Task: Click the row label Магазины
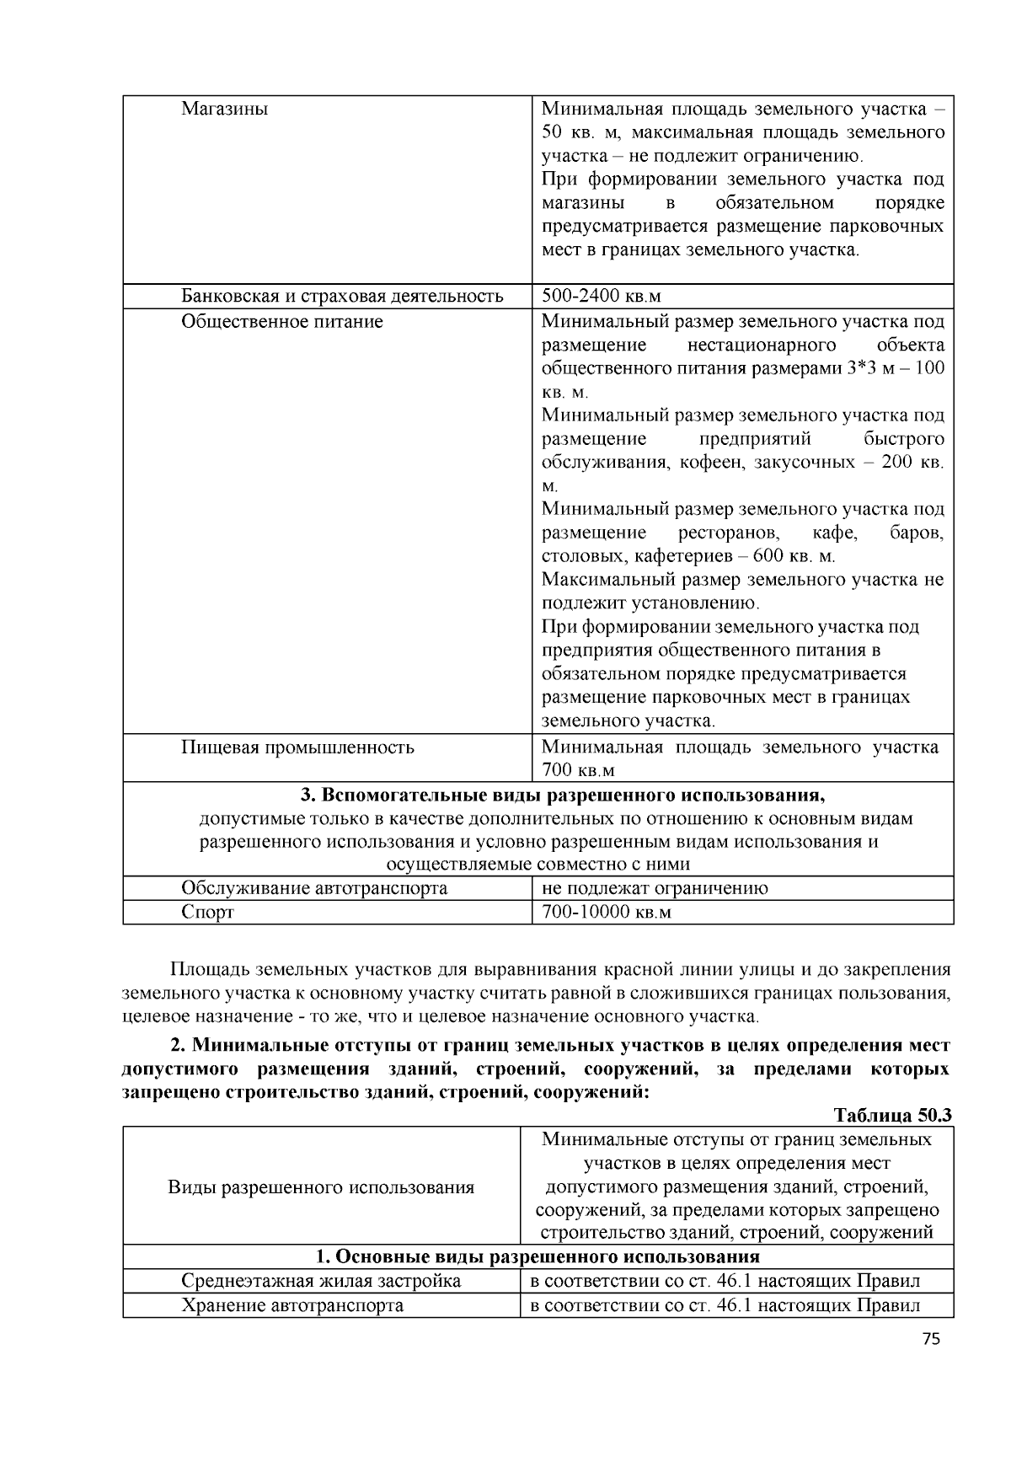point(224,110)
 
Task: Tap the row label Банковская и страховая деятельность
point(342,296)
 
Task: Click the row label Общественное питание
point(282,322)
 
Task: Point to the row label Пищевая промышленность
point(297,747)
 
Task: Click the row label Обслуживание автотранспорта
point(314,888)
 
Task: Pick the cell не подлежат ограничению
point(655,888)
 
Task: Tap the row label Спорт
point(208,913)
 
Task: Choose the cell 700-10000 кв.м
point(606,913)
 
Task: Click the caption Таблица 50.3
point(892,1115)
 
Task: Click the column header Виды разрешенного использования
point(321,1187)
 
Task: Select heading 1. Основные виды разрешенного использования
point(538,1257)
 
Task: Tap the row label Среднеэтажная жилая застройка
point(321,1282)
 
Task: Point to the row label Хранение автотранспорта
point(292,1306)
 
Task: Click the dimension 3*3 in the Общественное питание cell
point(861,369)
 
